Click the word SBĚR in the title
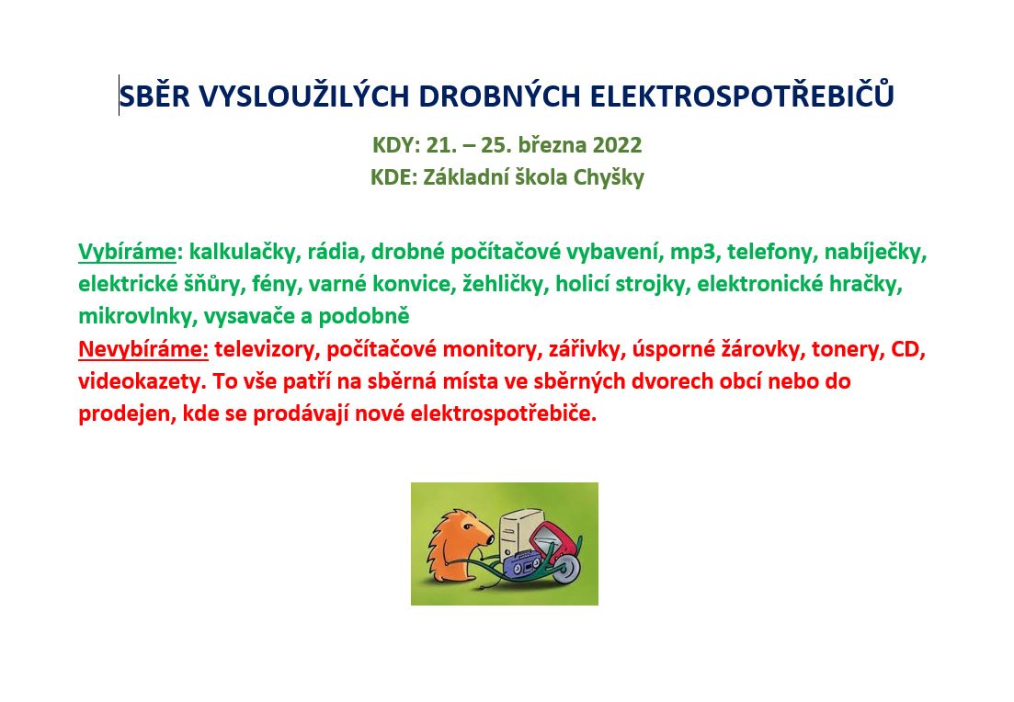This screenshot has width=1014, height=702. coord(154,96)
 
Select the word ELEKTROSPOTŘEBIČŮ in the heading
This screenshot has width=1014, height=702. coord(742,95)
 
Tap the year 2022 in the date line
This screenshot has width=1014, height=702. coord(617,145)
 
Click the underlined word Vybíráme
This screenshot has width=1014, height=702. coord(128,252)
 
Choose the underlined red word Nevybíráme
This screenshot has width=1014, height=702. coord(143,349)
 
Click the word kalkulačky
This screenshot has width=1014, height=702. coord(242,252)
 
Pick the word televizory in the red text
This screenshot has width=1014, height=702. coord(264,350)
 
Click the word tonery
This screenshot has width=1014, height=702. coord(848,350)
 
